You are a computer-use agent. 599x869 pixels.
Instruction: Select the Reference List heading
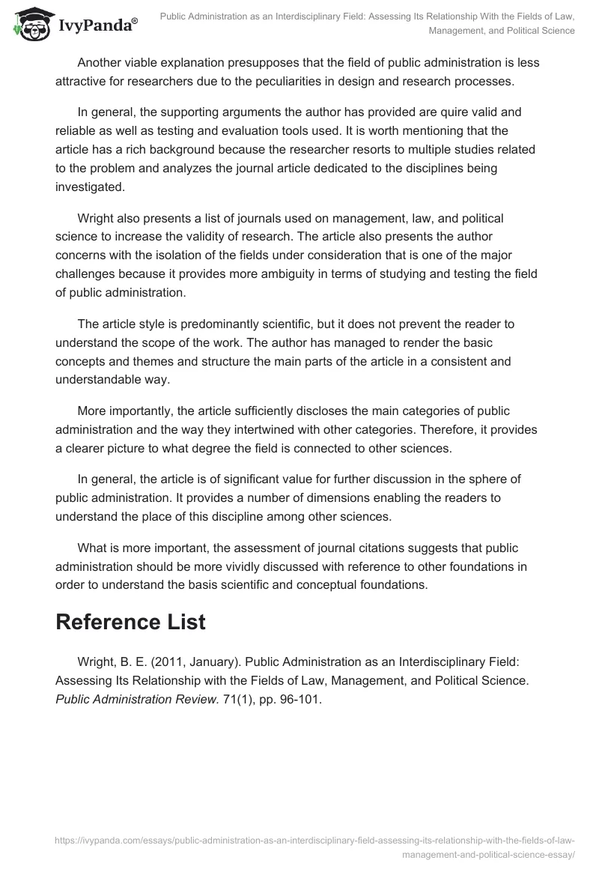click(x=130, y=622)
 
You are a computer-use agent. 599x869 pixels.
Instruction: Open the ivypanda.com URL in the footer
click(x=314, y=841)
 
